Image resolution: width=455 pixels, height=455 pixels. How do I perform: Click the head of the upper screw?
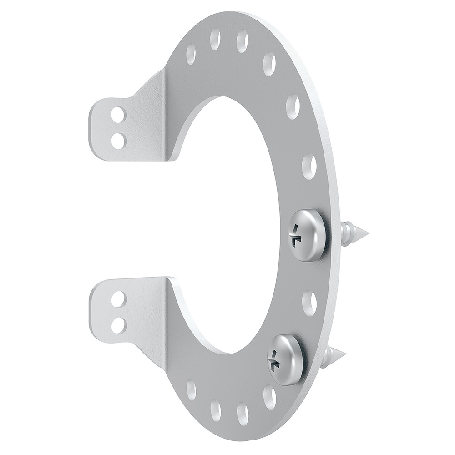click(308, 235)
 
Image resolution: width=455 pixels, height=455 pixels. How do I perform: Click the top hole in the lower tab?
click(118, 298)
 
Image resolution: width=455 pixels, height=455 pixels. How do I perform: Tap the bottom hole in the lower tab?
click(118, 324)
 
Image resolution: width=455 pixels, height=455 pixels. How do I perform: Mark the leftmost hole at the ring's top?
click(191, 54)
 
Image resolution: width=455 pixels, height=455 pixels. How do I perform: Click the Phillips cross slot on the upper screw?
click(297, 235)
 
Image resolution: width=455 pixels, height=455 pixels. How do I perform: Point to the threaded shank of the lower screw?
click(329, 356)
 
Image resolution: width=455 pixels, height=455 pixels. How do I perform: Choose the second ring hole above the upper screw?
click(293, 107)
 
